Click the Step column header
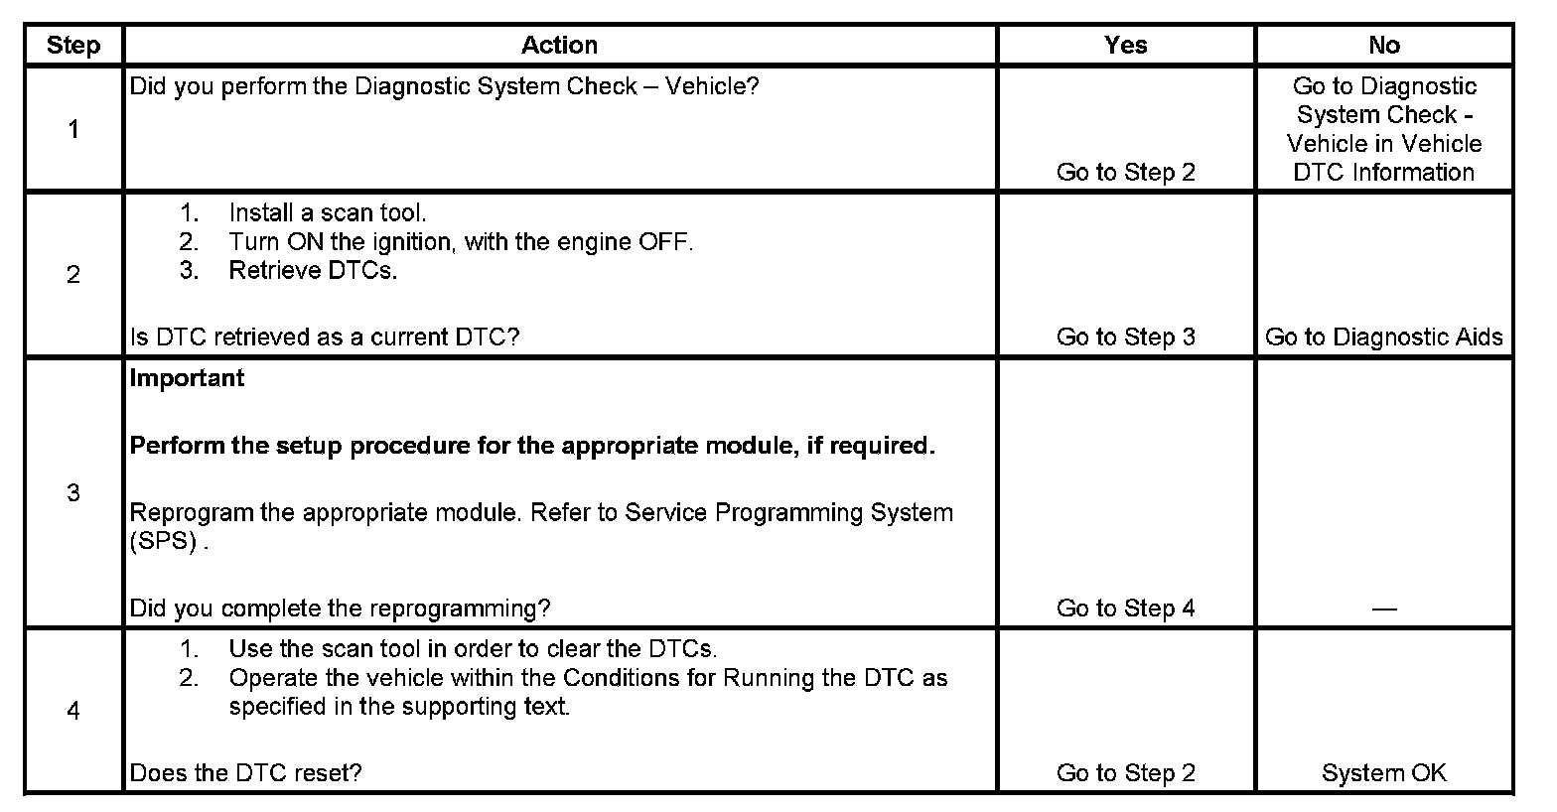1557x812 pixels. coord(73,46)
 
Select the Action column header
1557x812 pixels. coord(559,46)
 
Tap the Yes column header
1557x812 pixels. coord(1125,46)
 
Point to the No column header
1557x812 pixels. coord(1383,46)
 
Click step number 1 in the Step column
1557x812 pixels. coord(73,129)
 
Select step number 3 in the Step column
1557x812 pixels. coord(73,492)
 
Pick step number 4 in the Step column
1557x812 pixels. coord(73,710)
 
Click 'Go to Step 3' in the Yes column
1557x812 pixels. coord(1125,338)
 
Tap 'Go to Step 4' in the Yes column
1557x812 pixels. coord(1125,609)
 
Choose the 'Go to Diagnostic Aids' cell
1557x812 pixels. coord(1383,338)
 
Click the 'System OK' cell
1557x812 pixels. coord(1383,773)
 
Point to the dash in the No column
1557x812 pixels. coord(1383,609)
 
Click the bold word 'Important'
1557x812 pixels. coord(187,378)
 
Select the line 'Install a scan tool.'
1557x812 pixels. coord(327,212)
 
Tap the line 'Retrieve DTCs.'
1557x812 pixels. coord(313,270)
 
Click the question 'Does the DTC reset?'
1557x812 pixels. coord(245,773)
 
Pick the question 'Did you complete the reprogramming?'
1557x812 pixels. coord(340,609)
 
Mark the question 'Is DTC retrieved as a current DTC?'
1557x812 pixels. coord(324,338)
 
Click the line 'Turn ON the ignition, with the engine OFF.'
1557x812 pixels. coord(460,241)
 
